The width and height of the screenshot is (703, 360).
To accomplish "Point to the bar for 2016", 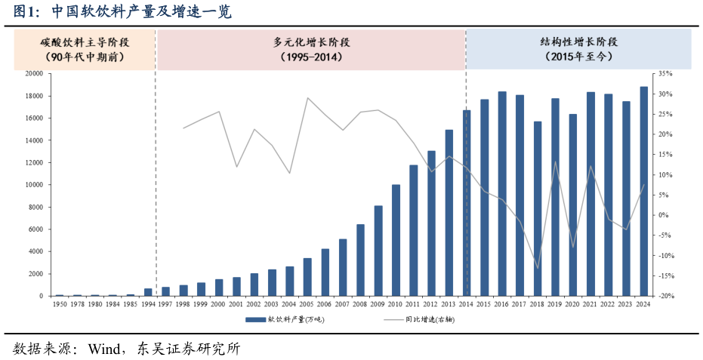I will pos(502,193).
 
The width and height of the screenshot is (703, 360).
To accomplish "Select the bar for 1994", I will pos(148,292).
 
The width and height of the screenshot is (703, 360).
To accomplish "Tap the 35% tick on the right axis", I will pos(664,74).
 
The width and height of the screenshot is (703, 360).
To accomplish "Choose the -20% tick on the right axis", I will pos(664,296).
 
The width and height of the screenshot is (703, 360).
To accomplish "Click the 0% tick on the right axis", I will pos(664,215).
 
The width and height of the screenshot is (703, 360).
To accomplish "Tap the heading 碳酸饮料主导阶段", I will pos(84,42).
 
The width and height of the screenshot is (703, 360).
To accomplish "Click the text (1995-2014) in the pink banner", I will pos(311,57).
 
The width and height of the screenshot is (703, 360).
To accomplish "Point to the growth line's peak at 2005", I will pos(307,98).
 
